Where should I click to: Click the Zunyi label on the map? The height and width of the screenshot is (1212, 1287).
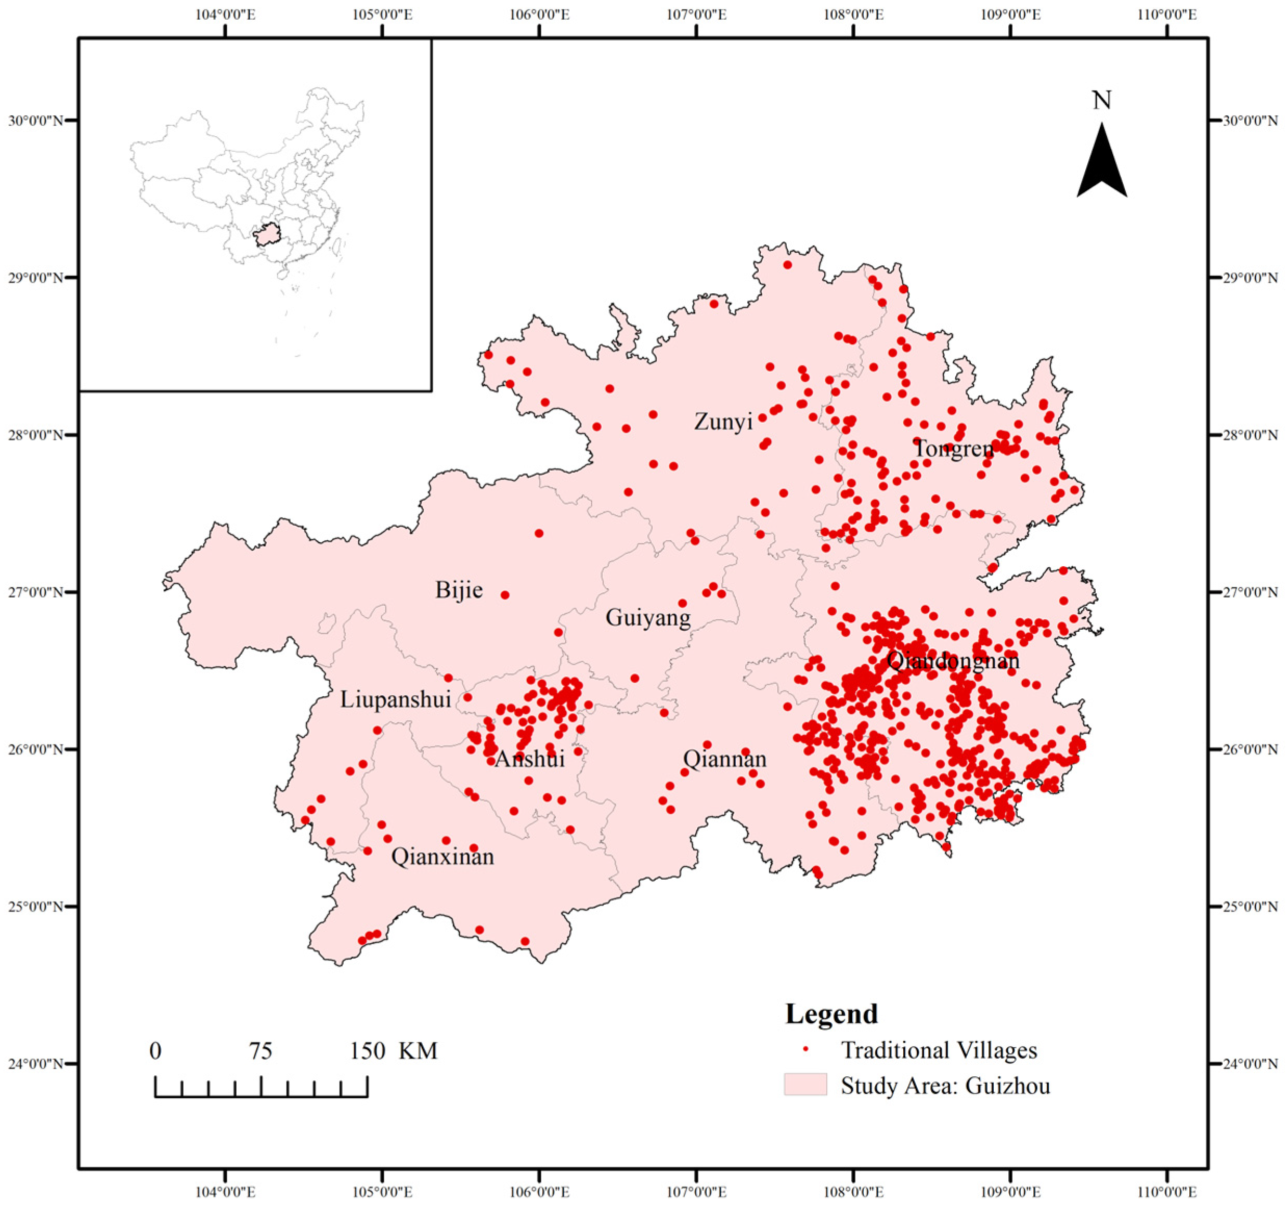click(x=723, y=422)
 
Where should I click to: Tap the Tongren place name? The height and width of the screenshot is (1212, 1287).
click(x=953, y=449)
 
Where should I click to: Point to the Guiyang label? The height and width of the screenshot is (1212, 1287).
click(x=648, y=618)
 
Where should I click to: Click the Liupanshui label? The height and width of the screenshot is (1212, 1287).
click(x=396, y=699)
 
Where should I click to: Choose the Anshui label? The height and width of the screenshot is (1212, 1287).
click(x=529, y=759)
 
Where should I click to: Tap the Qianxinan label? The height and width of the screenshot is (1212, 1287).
click(x=443, y=857)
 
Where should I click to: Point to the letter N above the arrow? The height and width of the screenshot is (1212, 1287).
click(x=1102, y=101)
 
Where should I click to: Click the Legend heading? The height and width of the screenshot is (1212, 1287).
click(x=831, y=1014)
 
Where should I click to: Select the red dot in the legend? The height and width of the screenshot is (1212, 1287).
click(x=806, y=1050)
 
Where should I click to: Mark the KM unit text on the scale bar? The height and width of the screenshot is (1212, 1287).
click(x=418, y=1051)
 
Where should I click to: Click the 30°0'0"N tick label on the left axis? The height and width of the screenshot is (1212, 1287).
click(x=35, y=121)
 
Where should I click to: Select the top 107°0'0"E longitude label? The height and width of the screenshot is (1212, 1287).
click(x=697, y=14)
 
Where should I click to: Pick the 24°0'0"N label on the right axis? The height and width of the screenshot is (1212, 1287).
click(x=1250, y=1063)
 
